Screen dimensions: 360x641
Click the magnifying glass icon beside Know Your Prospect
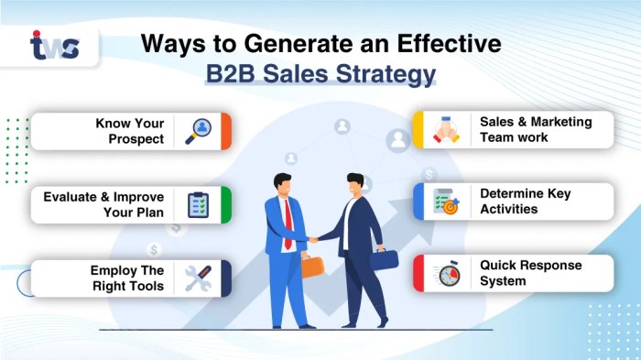pos(199,131)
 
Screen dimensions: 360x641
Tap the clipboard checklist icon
pos(198,204)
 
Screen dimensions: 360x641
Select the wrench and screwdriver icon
pos(199,278)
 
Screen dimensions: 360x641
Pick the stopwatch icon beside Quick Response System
pos(447,274)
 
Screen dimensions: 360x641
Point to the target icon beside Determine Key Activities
pos(447,201)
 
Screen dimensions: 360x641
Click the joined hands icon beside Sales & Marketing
pos(447,129)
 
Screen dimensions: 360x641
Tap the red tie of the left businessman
pos(288,215)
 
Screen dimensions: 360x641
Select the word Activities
pos(508,209)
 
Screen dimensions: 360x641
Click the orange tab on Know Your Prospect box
pos(226,131)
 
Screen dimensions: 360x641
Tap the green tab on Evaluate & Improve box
pos(226,204)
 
